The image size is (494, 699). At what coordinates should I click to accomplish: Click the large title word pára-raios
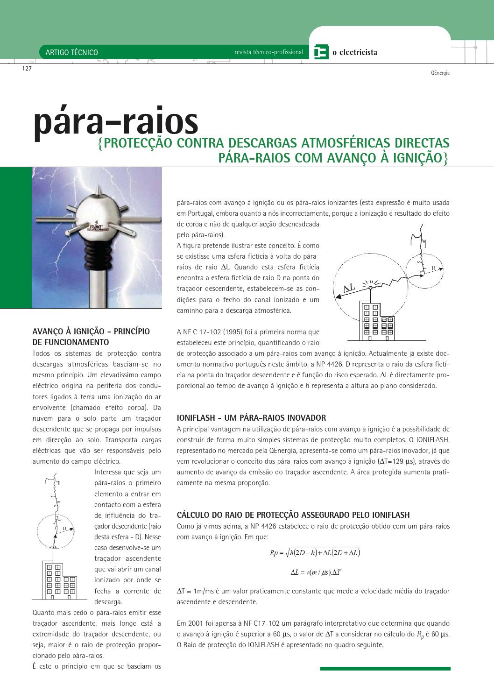coord(116,122)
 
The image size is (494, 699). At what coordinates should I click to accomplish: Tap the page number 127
coord(27,69)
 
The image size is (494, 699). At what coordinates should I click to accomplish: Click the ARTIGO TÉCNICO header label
coord(71,52)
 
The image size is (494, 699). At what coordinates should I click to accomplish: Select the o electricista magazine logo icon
coord(321,52)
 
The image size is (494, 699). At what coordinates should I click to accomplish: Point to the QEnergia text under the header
coord(440,73)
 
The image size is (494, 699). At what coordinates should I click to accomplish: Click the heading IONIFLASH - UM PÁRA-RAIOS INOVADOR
coord(251,418)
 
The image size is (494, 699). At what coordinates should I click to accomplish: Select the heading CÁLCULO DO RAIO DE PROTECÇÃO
coord(293,515)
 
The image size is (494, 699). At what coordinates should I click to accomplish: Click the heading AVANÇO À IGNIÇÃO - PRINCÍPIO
coord(91,332)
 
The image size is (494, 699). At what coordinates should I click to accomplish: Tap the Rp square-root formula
coord(315,553)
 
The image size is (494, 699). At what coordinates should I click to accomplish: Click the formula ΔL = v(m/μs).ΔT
coord(316,572)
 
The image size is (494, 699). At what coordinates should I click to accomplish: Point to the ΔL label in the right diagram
coord(349,289)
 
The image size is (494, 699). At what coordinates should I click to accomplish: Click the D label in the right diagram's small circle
coord(433,268)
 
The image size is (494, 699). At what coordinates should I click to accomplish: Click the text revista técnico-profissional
coord(268,52)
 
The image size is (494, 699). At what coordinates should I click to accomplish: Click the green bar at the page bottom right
coord(385,669)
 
